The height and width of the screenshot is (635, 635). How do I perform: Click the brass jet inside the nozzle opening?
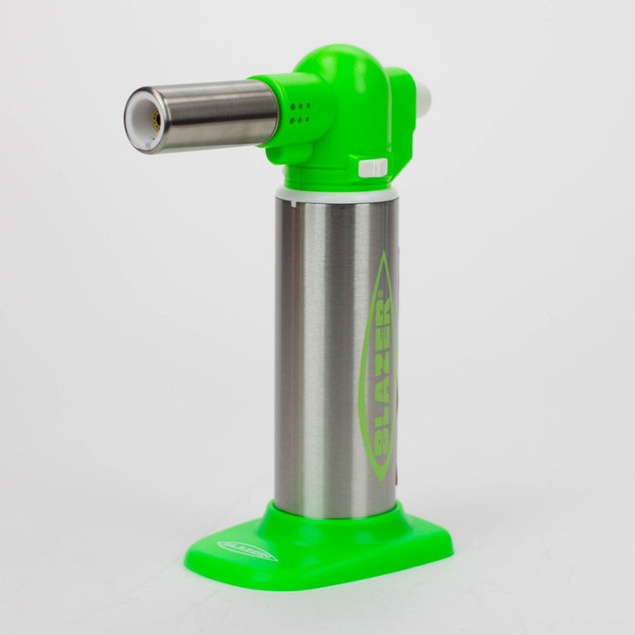coord(155,119)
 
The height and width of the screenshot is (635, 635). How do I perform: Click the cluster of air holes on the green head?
coord(298,114)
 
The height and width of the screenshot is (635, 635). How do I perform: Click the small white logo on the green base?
coord(248,551)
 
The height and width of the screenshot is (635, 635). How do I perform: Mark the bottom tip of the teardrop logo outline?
coord(375,478)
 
